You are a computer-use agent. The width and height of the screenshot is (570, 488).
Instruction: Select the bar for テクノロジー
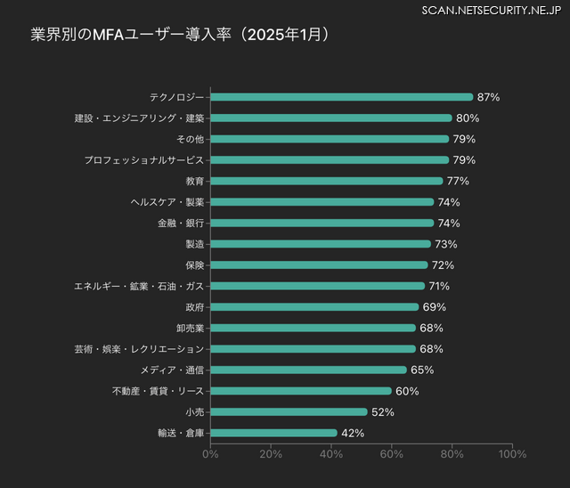[x=342, y=97]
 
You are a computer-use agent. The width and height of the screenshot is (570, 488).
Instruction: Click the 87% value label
[x=488, y=97]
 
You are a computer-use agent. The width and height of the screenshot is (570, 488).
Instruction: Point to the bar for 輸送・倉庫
[x=274, y=433]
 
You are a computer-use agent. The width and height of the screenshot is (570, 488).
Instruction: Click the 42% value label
[x=353, y=433]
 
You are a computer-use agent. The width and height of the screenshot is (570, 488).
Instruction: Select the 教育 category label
[x=194, y=181]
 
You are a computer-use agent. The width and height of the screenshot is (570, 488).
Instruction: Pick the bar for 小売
[x=289, y=411]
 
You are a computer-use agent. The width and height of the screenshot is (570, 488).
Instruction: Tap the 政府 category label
[x=194, y=307]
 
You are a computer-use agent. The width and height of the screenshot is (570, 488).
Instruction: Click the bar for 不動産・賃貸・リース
[x=301, y=391]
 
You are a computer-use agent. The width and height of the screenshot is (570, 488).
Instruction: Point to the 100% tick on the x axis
[x=512, y=454]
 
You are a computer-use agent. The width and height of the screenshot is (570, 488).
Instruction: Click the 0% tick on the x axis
[x=211, y=454]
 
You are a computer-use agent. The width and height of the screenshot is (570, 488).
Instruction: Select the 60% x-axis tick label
[x=392, y=454]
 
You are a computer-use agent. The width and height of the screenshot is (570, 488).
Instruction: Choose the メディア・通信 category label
[x=172, y=370]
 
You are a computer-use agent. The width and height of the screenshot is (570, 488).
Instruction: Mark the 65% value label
[x=422, y=370]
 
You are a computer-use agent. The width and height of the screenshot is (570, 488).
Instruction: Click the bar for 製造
[x=321, y=244]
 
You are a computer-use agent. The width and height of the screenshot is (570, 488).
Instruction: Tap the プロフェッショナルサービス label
[x=144, y=160]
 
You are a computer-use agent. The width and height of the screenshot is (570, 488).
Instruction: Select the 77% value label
[x=458, y=181]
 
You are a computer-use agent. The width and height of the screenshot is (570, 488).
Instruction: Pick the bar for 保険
[x=320, y=265]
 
